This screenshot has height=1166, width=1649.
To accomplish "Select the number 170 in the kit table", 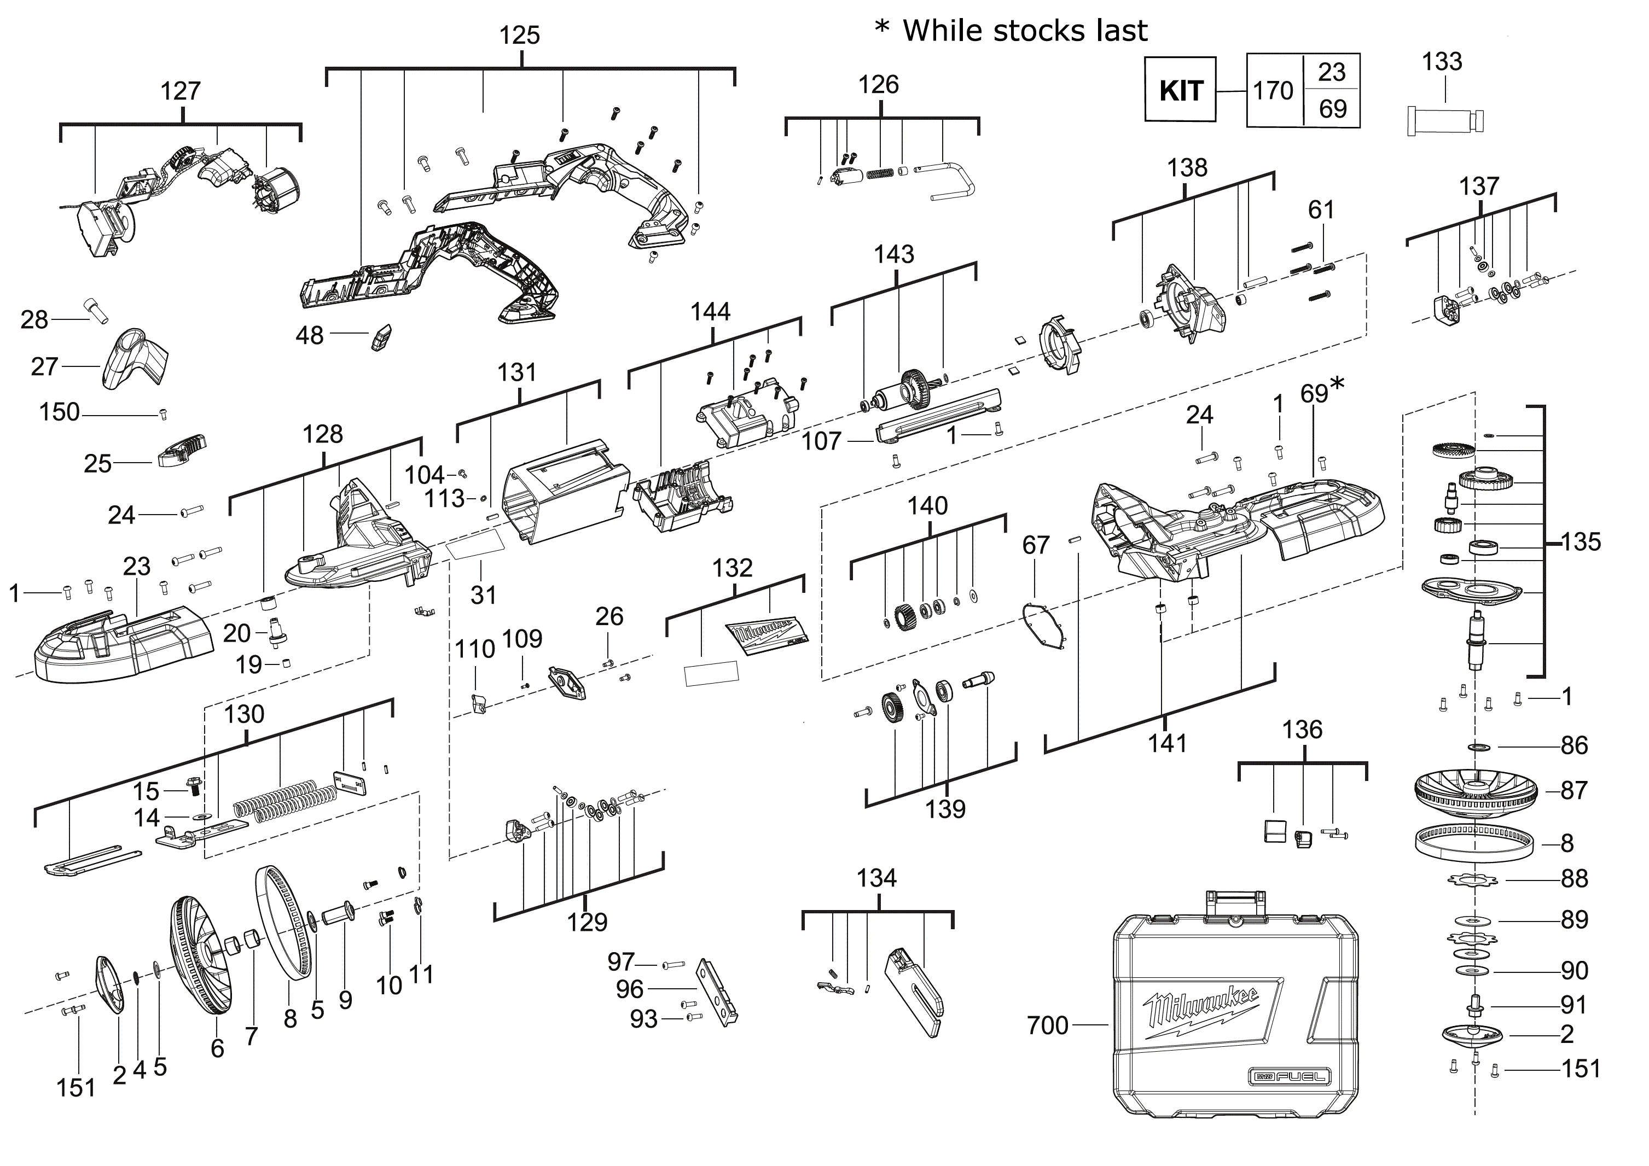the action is pos(1273,90).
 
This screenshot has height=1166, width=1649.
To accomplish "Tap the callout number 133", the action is pos(1442,62).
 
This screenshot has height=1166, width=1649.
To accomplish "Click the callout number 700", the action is pos(1048,1025).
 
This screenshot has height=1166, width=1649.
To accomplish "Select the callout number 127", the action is pos(180,91).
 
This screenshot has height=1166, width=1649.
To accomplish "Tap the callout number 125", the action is pos(519,35).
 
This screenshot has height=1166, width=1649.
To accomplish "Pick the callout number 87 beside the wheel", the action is pos(1573,790).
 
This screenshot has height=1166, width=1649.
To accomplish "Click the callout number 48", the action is pos(310,335).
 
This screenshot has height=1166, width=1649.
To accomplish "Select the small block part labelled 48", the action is pos(381,337).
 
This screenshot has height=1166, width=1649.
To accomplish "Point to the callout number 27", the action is pos(44,367).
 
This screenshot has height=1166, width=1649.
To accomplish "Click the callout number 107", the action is pos(821,441).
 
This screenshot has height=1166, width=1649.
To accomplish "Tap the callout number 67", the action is pos(1036,546).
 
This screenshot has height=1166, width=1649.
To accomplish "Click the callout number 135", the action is pos(1581,542).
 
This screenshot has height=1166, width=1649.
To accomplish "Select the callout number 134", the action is pos(876,878).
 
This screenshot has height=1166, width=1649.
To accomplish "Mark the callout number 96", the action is pos(629,990).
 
